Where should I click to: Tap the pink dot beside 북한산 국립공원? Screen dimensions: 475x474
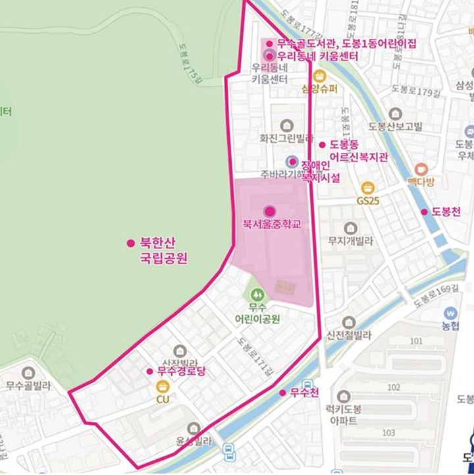point(130,243)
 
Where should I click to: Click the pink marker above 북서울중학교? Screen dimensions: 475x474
point(269,211)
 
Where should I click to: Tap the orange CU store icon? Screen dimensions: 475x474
point(162,386)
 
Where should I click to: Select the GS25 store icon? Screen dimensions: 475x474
point(368,187)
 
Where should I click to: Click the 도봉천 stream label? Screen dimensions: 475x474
point(448,211)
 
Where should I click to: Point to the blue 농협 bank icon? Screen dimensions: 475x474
point(450,312)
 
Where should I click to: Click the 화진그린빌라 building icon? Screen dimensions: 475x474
point(286,125)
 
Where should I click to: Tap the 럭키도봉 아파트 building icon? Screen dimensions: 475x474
point(343,396)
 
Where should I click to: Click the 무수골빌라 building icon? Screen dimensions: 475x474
point(28,373)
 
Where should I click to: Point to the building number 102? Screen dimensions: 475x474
point(413,387)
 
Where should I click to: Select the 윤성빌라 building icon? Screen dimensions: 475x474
point(194,429)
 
